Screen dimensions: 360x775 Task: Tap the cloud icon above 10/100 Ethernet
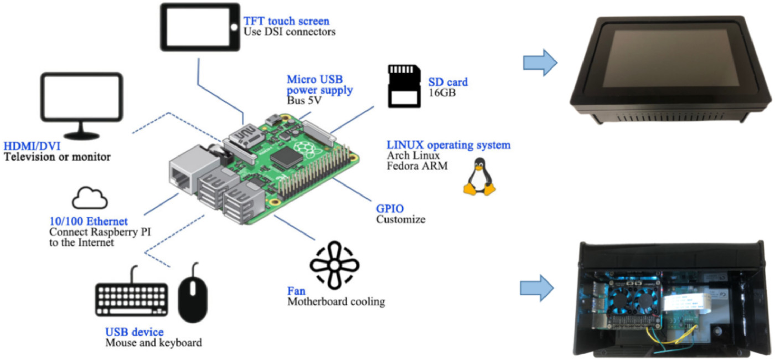(90, 198)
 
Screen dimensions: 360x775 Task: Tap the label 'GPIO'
(390, 208)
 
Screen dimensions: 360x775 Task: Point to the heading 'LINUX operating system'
(448, 145)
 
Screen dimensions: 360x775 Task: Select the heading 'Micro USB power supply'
(319, 85)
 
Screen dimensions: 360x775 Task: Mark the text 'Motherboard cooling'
(335, 302)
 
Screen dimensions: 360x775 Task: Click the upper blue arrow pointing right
(540, 62)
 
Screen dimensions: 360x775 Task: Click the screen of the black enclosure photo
(675, 65)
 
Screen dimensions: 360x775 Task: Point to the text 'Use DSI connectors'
(290, 32)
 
